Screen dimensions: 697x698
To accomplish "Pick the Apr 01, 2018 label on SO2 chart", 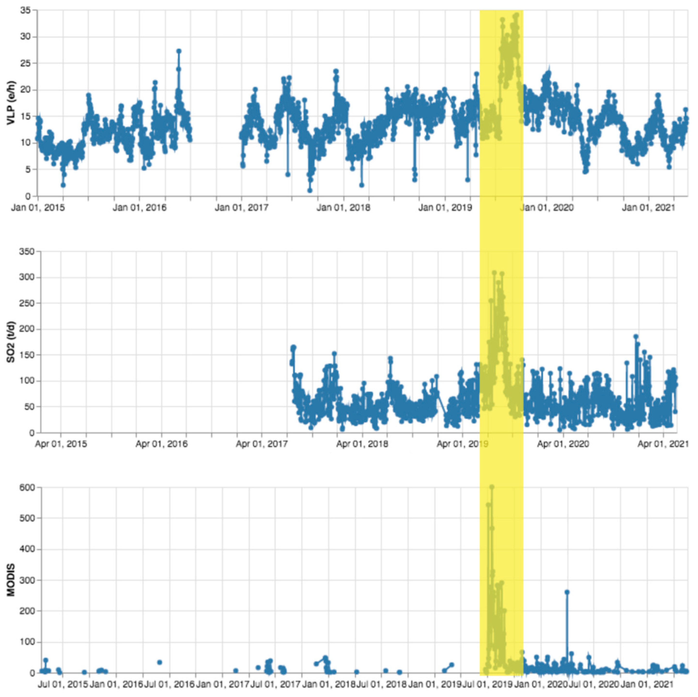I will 362,444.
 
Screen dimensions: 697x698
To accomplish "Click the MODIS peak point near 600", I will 491,487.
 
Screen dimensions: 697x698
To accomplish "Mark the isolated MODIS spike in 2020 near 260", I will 567,592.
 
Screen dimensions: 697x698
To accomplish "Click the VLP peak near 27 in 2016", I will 178,51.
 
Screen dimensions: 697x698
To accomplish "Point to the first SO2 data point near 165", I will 293,348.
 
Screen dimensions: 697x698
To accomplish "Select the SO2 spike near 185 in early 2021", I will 636,336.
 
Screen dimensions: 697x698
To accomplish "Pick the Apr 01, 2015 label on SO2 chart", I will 61,444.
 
